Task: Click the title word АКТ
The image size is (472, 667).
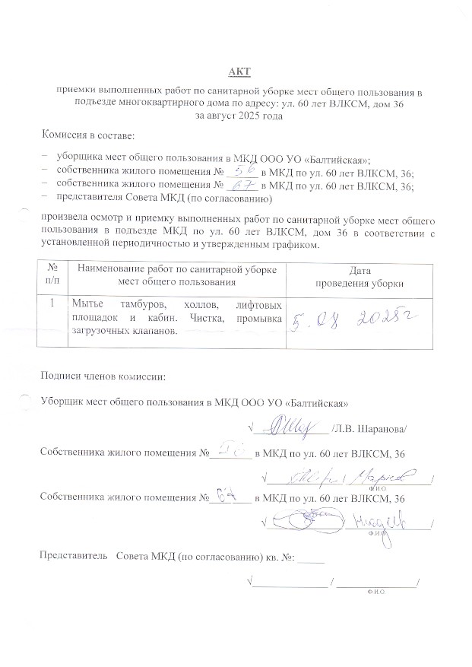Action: pyautogui.click(x=239, y=72)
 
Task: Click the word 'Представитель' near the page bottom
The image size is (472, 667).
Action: pyautogui.click(x=71, y=556)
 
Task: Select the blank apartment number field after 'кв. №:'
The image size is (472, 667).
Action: pyautogui.click(x=311, y=559)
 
